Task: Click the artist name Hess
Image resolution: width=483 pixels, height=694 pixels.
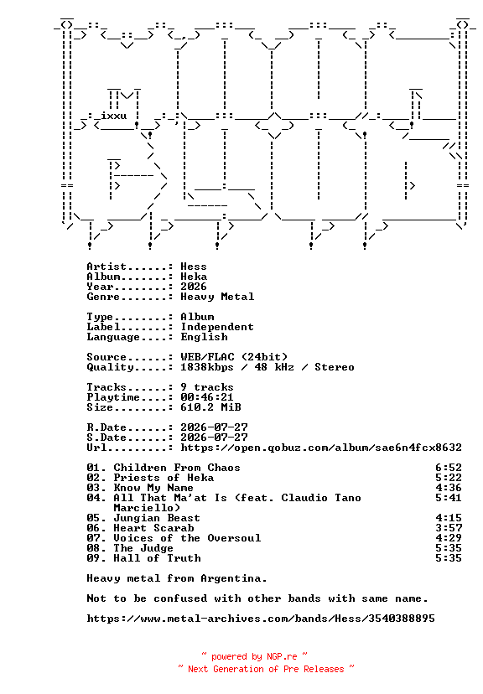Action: [x=194, y=267]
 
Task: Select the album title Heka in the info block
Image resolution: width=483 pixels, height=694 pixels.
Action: [x=194, y=277]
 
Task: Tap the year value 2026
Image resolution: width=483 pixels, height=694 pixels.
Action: [x=194, y=287]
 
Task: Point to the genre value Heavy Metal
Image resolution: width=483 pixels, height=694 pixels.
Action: [x=217, y=297]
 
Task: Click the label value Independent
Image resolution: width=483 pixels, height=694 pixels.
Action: [x=217, y=327]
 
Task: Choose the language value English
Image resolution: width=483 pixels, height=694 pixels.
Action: [x=204, y=337]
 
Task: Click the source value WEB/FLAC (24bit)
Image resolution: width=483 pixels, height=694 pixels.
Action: [x=234, y=357]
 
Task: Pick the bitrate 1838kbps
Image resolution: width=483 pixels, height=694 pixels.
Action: [x=207, y=367]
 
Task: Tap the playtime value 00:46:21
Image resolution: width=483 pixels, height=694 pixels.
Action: [x=207, y=397]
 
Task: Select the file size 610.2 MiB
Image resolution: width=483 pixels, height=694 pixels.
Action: [x=210, y=407]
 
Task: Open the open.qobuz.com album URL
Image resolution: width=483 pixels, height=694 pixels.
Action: [x=321, y=448]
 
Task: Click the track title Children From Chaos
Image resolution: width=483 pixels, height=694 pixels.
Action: [x=177, y=468]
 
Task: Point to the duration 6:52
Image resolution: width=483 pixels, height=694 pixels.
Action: [x=449, y=468]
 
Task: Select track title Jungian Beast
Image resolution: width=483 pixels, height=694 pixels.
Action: [x=157, y=518]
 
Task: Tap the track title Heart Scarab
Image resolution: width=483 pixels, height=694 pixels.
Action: [x=153, y=528]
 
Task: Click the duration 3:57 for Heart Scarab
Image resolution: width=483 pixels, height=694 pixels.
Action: [x=449, y=528]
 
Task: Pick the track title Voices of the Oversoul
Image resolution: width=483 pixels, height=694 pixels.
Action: [x=187, y=538]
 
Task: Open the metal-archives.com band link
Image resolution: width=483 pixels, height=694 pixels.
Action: [x=261, y=619]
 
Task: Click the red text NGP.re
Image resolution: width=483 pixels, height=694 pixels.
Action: [x=282, y=656]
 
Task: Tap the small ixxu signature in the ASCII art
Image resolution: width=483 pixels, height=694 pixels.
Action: [x=114, y=116]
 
